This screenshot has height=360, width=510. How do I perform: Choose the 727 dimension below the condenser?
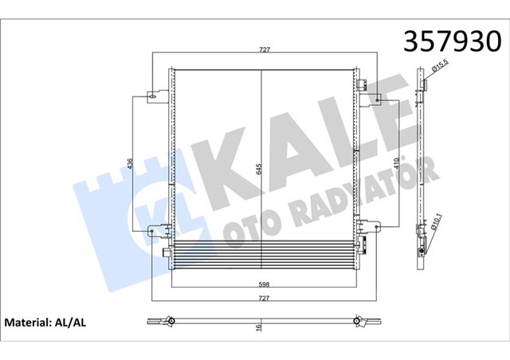click(x=264, y=297)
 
